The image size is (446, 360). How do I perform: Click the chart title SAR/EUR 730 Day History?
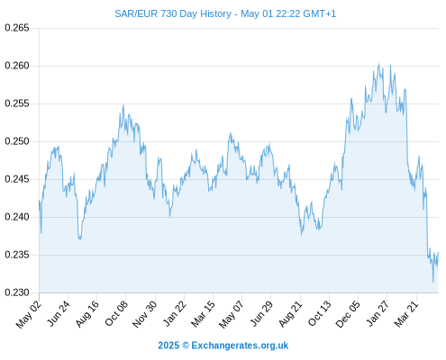(173, 13)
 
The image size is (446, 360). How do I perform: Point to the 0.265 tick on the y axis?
(17, 28)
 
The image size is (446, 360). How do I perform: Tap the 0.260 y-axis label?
(17, 66)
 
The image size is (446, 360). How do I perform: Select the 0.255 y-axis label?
(17, 103)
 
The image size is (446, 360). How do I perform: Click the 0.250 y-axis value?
(17, 141)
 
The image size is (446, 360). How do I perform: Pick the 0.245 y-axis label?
(17, 179)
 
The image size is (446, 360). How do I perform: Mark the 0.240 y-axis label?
(17, 217)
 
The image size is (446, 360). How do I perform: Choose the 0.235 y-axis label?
(17, 255)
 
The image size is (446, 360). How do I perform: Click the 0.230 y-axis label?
(17, 292)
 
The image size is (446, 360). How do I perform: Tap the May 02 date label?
(29, 314)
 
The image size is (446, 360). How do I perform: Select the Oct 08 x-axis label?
(116, 313)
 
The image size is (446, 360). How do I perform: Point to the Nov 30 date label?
(145, 314)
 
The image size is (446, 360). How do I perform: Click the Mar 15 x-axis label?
(203, 314)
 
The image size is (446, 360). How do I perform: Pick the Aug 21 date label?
(290, 314)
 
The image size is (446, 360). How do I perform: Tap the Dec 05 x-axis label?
(348, 314)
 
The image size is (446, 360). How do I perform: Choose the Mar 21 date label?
(406, 314)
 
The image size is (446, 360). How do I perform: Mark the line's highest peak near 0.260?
(378, 64)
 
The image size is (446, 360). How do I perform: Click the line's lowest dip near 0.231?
(433, 282)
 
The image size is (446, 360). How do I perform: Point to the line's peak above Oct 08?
(123, 105)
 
